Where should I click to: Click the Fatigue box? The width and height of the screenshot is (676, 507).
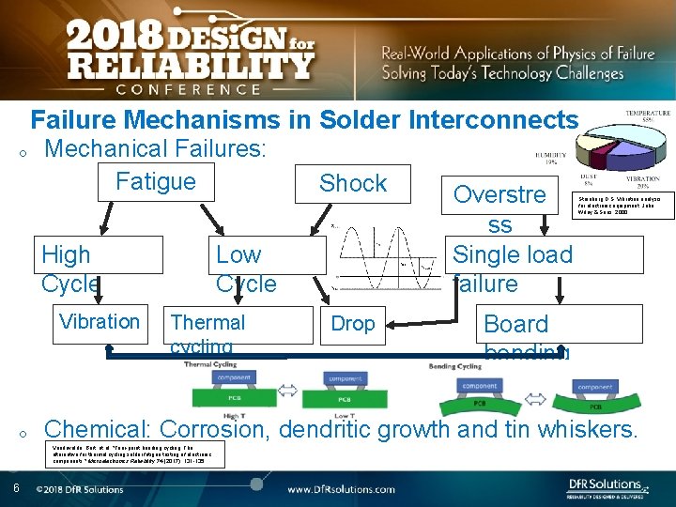(156, 181)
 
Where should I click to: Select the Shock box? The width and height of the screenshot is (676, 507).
(352, 184)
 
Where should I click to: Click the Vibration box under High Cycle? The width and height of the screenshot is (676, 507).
(100, 322)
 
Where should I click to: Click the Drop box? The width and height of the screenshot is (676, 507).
(353, 324)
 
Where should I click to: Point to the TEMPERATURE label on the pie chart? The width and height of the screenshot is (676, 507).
(649, 115)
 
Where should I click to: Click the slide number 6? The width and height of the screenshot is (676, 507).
(17, 487)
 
